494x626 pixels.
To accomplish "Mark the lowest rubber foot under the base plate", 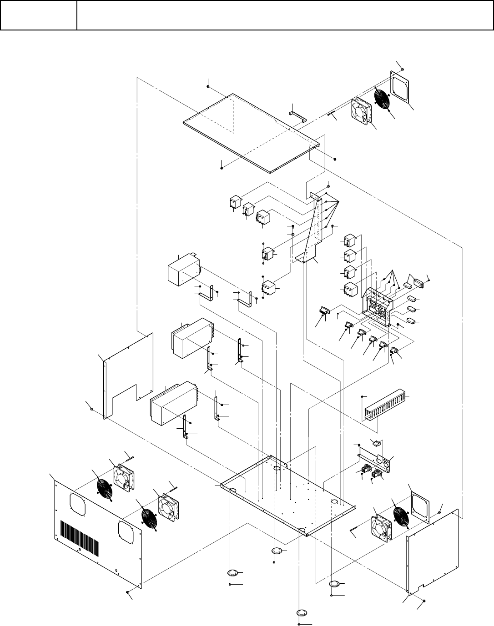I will coord(303,612).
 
